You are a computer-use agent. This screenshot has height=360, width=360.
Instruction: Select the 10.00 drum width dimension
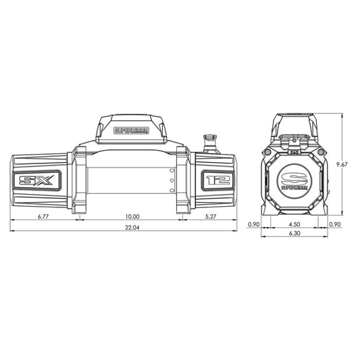[x=132, y=217]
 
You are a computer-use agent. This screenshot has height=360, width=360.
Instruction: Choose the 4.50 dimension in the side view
[x=294, y=224]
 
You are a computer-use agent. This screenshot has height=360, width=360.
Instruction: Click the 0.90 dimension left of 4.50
[x=254, y=224]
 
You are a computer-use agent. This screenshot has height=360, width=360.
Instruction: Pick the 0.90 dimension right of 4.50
[x=335, y=224]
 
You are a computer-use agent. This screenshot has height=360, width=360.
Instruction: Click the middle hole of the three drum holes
[x=172, y=181]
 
